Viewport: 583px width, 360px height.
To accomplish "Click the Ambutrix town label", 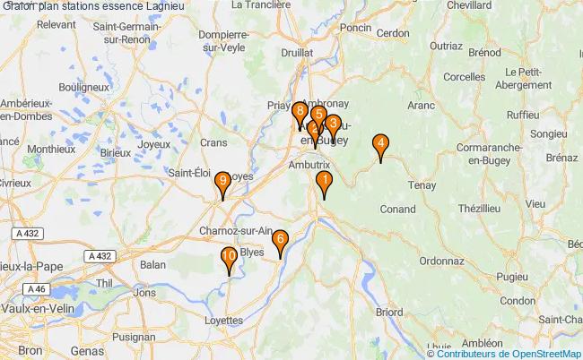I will point(309,166).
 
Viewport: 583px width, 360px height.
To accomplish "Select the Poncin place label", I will point(356,53).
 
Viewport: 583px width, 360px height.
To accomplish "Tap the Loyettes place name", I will point(224,320).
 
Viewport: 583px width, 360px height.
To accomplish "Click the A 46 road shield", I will point(36,289).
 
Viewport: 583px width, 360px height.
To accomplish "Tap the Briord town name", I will point(388,313).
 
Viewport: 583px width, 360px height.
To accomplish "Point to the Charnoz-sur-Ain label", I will point(236,230).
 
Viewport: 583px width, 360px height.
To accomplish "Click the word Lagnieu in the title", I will point(159,6).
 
